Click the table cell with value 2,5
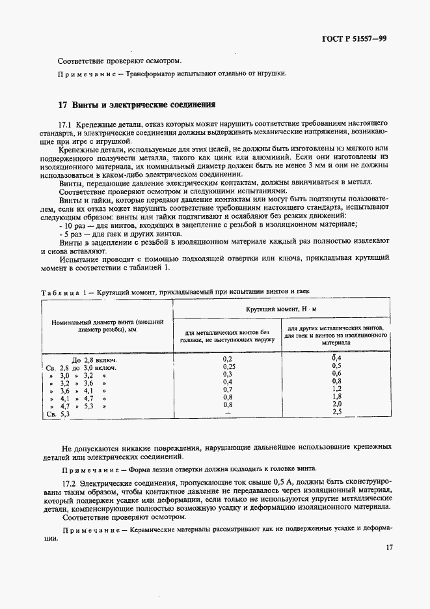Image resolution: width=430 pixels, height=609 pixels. [336, 412]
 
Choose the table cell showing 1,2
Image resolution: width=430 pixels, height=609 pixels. [336, 389]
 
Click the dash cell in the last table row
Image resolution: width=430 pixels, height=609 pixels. [227, 412]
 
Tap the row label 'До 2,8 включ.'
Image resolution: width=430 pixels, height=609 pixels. [93, 360]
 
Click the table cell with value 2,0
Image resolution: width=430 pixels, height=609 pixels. [336, 404]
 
